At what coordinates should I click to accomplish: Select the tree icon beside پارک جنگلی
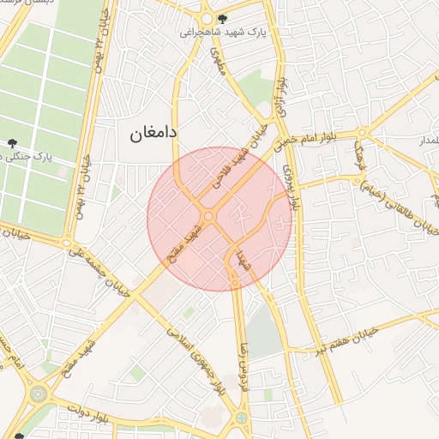click(12, 143)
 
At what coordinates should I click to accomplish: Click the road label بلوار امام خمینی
click(313, 135)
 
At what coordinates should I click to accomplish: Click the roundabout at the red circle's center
click(209, 216)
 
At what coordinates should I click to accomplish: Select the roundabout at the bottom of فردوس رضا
click(243, 418)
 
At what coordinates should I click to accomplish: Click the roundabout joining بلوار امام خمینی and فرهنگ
click(363, 132)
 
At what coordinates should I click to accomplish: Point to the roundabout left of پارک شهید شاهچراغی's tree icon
click(207, 19)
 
